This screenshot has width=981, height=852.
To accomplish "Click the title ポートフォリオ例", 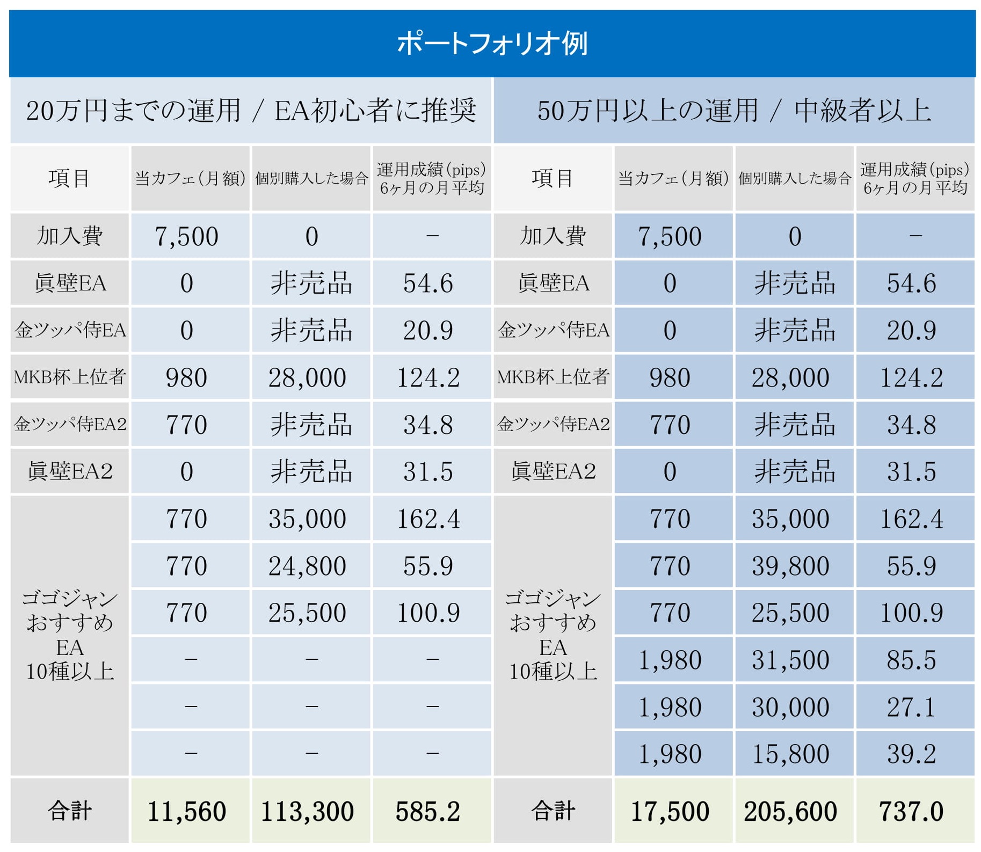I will pyautogui.click(x=492, y=43).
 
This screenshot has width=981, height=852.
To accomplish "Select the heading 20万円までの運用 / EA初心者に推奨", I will pyautogui.click(x=251, y=111).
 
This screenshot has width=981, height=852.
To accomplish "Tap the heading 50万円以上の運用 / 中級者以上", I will pyautogui.click(x=733, y=111).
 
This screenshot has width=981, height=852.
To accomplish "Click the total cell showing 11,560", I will pyautogui.click(x=187, y=811).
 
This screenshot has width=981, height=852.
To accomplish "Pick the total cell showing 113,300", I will pyautogui.click(x=307, y=811).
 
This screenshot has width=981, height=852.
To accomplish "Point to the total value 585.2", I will pyautogui.click(x=428, y=811).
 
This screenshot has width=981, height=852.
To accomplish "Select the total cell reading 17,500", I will pyautogui.click(x=670, y=811).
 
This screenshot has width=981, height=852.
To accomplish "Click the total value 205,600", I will pyautogui.click(x=790, y=811).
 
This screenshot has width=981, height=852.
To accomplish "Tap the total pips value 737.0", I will pyautogui.click(x=911, y=811).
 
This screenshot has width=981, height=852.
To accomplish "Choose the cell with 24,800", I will pyautogui.click(x=307, y=566).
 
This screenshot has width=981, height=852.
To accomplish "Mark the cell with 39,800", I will pyautogui.click(x=790, y=566).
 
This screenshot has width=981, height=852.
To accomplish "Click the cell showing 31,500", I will pyautogui.click(x=790, y=660).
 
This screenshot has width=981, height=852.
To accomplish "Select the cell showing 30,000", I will pyautogui.click(x=790, y=707).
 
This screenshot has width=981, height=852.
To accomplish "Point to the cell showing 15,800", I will pyautogui.click(x=790, y=754).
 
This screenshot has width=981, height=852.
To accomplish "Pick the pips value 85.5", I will pyautogui.click(x=911, y=660).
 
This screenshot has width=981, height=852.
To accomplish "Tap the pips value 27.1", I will pyautogui.click(x=911, y=707).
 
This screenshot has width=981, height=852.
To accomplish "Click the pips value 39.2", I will pyautogui.click(x=911, y=754).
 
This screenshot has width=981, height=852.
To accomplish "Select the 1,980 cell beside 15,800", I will pyautogui.click(x=670, y=754).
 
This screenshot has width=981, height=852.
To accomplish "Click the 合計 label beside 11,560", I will pyautogui.click(x=70, y=811).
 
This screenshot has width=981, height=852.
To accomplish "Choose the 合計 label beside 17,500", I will pyautogui.click(x=553, y=811).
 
